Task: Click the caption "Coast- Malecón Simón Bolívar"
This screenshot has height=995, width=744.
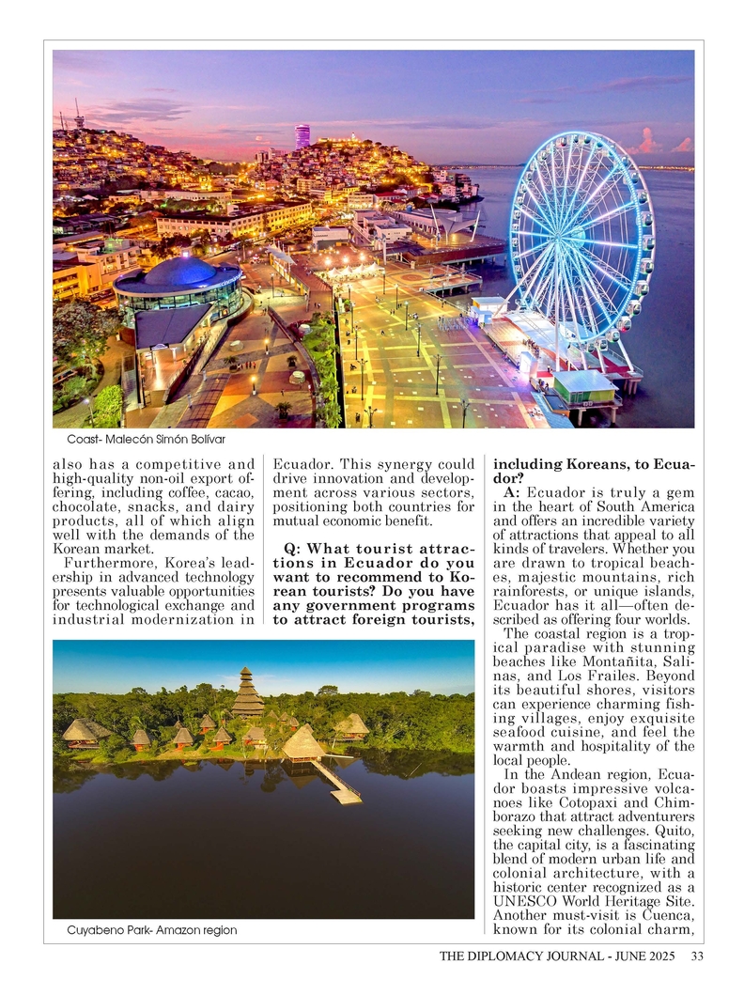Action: (x=147, y=439)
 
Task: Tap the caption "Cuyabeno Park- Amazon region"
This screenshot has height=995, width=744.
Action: (x=151, y=930)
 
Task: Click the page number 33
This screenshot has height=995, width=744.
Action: (x=696, y=957)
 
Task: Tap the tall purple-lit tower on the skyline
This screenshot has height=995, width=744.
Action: (x=302, y=135)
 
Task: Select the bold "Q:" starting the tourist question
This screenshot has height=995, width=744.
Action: (x=292, y=550)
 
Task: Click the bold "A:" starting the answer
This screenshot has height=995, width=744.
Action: (x=512, y=492)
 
